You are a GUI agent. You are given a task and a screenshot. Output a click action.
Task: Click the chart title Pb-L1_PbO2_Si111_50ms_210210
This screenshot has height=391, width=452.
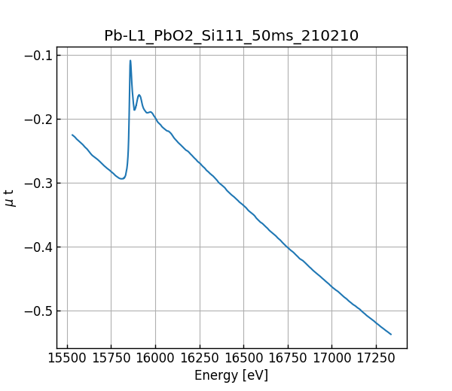point(231,35)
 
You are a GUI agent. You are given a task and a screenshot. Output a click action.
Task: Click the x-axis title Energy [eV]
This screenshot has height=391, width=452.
point(231,375)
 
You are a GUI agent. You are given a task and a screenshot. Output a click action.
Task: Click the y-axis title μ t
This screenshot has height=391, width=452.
point(10,198)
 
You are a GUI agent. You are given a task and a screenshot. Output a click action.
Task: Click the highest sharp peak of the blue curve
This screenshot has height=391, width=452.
point(130,61)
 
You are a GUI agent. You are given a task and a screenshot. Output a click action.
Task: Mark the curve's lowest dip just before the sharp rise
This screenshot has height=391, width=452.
point(121,179)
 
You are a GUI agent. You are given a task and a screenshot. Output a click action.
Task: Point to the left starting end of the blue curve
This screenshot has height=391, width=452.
point(72,135)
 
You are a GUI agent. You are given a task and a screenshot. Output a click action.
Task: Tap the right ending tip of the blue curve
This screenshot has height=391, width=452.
point(391,334)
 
